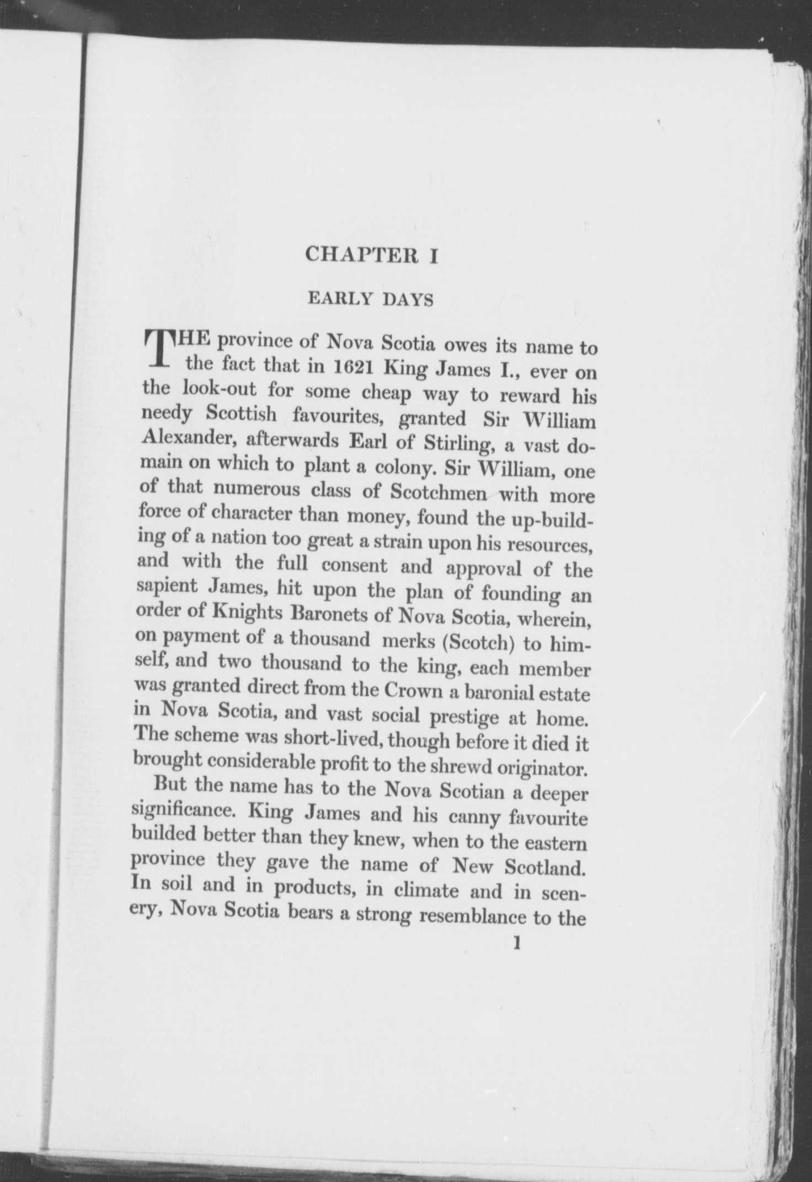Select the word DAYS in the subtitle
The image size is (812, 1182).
click(x=409, y=300)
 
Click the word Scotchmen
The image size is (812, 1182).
click(x=438, y=492)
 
